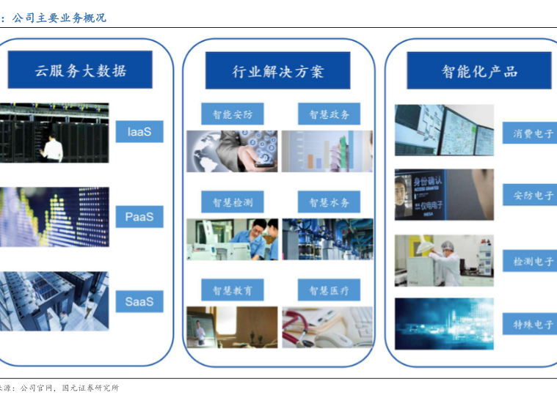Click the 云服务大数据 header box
click(80, 70)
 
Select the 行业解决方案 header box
click(277, 71)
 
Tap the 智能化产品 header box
click(478, 71)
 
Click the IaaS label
click(139, 132)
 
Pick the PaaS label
click(139, 217)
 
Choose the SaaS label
click(139, 301)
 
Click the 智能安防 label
click(232, 114)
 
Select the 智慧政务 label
click(329, 114)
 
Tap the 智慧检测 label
click(232, 202)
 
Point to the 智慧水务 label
click(329, 202)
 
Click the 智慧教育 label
click(232, 290)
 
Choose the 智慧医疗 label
click(329, 290)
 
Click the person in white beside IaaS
click(53, 149)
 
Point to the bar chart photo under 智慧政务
click(327, 151)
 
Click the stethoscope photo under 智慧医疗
click(327, 327)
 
